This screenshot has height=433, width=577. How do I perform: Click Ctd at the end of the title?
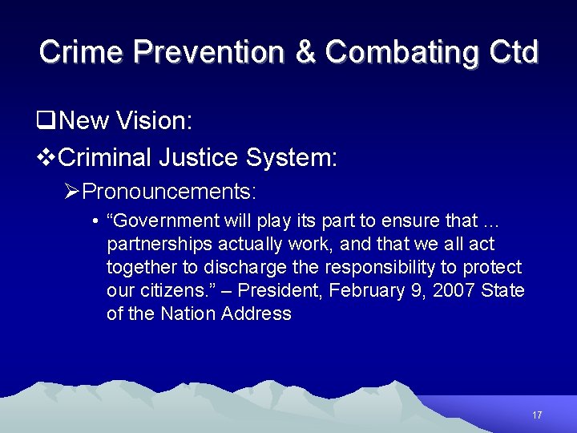pos(510,52)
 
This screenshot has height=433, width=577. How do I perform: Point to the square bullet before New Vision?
pos(45,121)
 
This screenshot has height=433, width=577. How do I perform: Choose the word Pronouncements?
pos(169,192)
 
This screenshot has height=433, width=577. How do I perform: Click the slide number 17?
pos(537,415)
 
